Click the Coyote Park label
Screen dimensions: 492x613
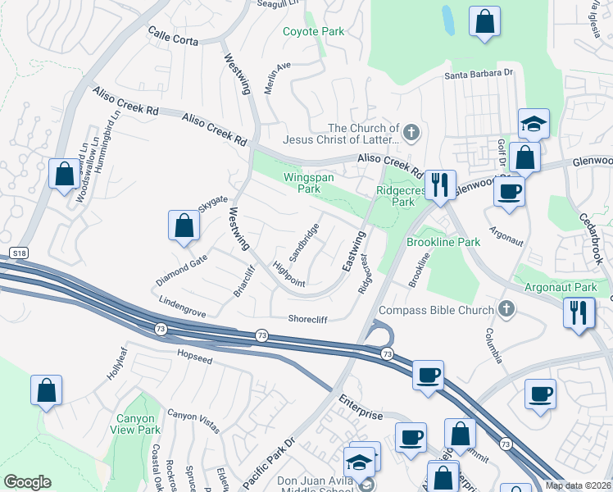[313, 32]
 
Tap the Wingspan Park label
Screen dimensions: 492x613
[302, 183]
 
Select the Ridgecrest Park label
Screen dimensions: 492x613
[395, 195]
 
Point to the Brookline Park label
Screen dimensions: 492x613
[443, 242]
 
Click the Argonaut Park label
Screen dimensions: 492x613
[562, 288]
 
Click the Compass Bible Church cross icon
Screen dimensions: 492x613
[506, 309]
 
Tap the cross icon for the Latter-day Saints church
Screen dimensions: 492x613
[411, 129]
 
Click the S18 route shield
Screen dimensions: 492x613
[19, 253]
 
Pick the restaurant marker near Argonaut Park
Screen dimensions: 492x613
[579, 312]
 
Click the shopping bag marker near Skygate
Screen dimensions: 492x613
[184, 225]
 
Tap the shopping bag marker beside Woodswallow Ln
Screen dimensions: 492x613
[63, 174]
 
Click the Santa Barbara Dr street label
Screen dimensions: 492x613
[479, 74]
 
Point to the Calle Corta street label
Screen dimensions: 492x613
[174, 33]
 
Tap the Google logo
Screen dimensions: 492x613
[27, 482]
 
